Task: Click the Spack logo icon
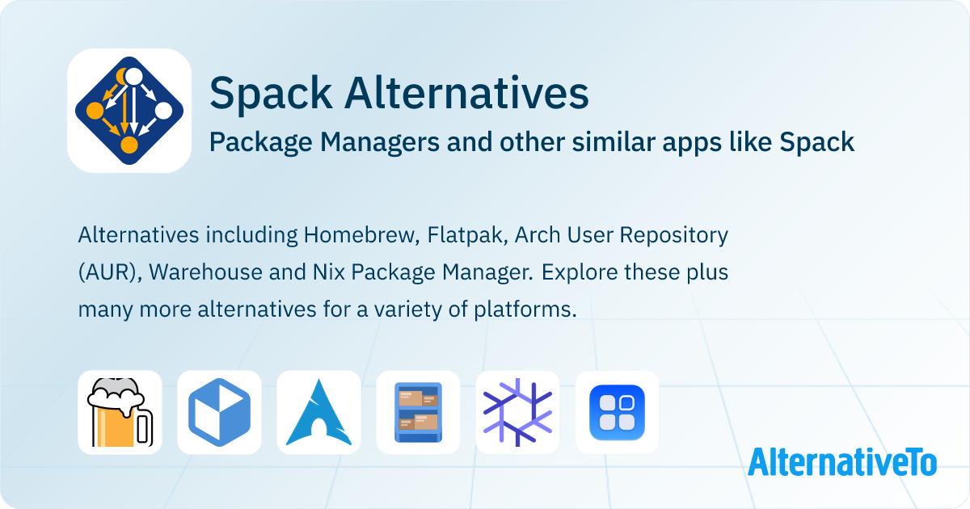[129, 111]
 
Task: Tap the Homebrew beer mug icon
[120, 412]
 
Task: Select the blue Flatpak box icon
[219, 412]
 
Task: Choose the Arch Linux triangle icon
[318, 412]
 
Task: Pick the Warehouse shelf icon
[418, 412]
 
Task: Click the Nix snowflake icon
[517, 412]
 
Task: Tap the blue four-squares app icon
[617, 412]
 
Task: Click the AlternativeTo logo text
[841, 461]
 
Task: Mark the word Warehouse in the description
[201, 272]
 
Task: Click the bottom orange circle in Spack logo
[129, 145]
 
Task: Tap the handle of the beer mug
[145, 427]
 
